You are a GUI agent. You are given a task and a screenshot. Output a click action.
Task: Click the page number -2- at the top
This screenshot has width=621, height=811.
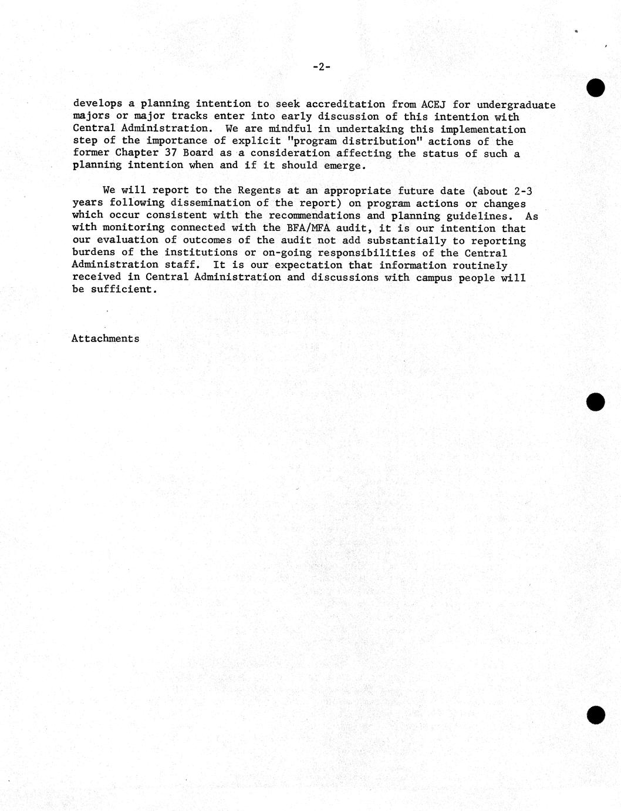point(321,67)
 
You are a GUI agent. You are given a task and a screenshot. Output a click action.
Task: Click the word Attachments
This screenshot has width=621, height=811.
point(106,339)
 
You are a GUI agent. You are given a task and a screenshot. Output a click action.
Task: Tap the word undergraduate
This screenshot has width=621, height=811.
point(516,105)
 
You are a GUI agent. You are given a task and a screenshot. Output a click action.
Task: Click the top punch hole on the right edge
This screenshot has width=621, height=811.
point(595,88)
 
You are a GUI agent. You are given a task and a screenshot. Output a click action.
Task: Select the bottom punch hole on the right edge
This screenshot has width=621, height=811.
point(595,715)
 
